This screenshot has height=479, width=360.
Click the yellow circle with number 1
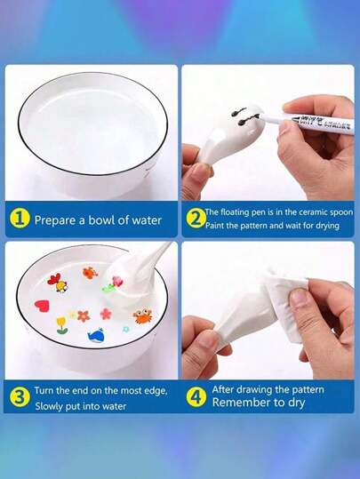click(20, 220)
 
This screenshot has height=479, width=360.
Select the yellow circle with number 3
click(20, 397)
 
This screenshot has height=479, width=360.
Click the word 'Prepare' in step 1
click(55, 220)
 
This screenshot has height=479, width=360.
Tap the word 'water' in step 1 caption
click(147, 220)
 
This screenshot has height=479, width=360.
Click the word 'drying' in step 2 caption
click(327, 227)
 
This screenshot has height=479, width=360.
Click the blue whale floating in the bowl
click(96, 335)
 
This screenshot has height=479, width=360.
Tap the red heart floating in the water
click(42, 305)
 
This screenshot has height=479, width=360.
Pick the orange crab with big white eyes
click(142, 316)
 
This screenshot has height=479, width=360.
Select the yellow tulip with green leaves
click(61, 325)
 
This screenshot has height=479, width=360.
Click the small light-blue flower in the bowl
click(125, 329)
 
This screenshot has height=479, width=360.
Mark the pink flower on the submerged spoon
click(117, 281)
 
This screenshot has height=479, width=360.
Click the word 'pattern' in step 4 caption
click(308, 390)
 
